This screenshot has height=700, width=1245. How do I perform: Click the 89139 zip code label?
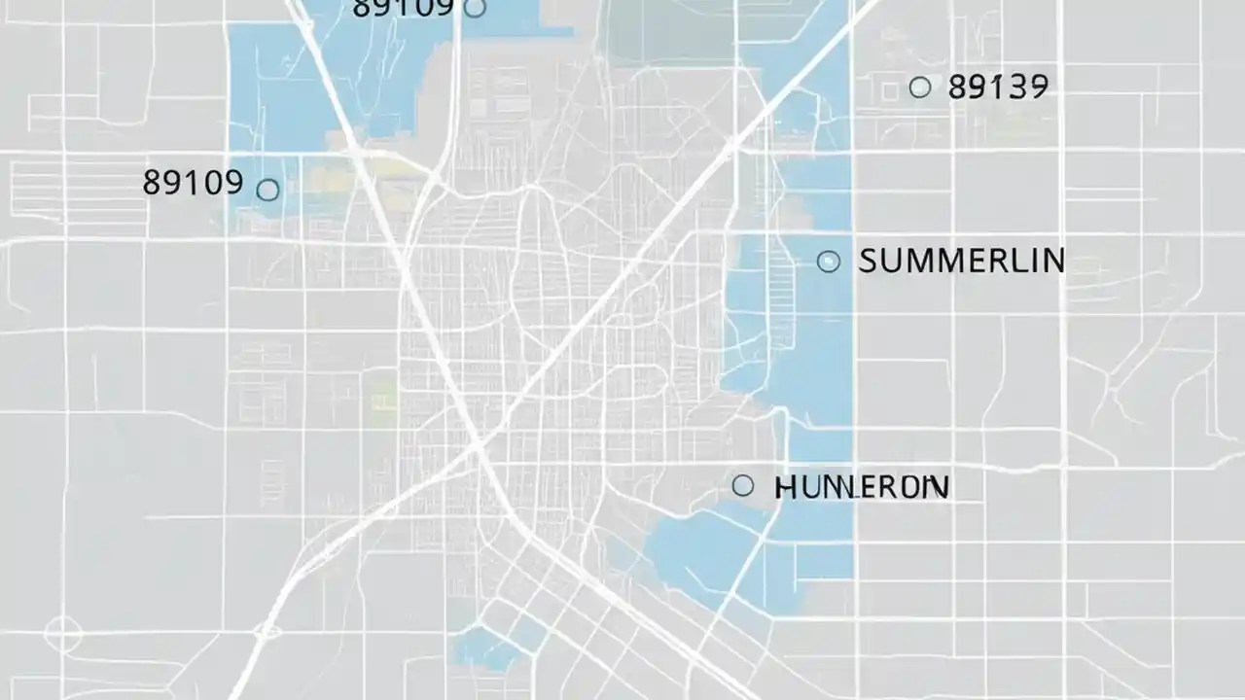997,87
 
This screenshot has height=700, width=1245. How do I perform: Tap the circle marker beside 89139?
919,87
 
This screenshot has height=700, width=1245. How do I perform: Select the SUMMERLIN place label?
962,261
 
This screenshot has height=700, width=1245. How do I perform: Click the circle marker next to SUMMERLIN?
829,261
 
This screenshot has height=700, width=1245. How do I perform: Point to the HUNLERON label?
862,487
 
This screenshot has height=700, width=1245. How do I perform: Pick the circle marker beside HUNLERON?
743,485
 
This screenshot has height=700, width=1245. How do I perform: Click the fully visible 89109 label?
193,182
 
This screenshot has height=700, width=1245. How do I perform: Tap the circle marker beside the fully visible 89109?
267,190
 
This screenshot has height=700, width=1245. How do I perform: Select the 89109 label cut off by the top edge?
403,8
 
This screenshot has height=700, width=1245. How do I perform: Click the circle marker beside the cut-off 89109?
475,8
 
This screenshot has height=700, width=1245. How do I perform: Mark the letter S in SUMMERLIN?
870,261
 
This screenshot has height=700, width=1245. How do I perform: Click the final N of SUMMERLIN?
1053,261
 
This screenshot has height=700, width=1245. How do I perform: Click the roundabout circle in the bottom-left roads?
63,635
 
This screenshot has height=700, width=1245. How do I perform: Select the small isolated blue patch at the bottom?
486,647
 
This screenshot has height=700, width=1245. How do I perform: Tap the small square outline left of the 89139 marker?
889,90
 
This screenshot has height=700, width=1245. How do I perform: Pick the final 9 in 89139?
1037,87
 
